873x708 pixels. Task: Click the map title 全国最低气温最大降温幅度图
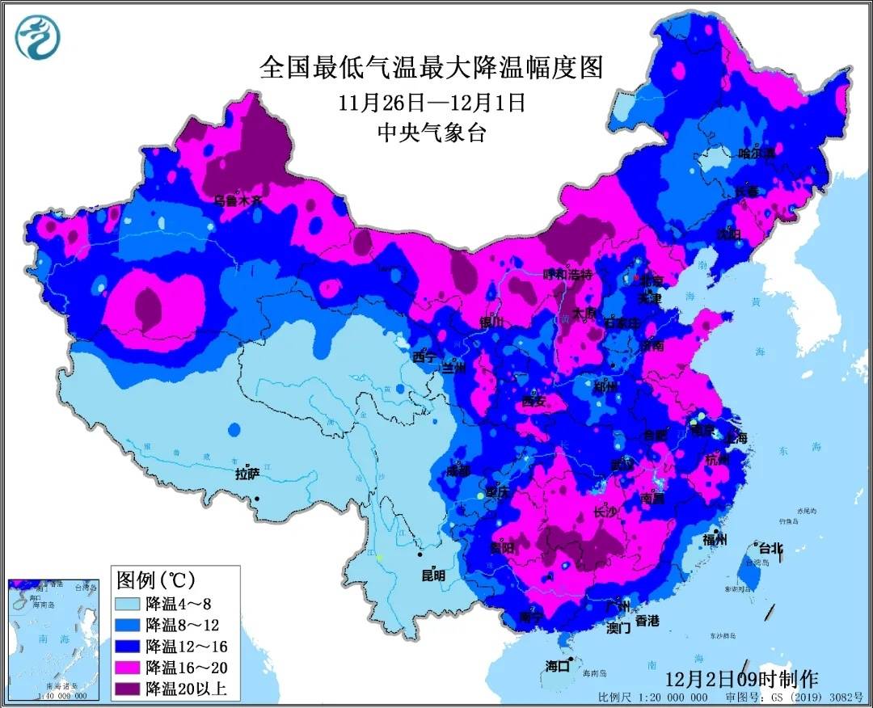point(432,67)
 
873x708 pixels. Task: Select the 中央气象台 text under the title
point(432,133)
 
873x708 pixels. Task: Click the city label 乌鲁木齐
point(238,201)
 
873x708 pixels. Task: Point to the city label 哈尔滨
point(757,153)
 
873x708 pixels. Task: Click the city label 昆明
point(433,575)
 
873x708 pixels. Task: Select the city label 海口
point(558,667)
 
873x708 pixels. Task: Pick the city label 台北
point(770,548)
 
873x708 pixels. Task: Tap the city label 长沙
point(605,512)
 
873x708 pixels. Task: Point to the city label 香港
point(647,621)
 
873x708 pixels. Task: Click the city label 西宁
point(424,356)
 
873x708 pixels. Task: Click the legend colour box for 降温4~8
point(129,603)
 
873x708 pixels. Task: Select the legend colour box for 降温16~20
point(129,668)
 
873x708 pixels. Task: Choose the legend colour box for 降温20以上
point(129,689)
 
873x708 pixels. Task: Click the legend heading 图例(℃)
point(156,579)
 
